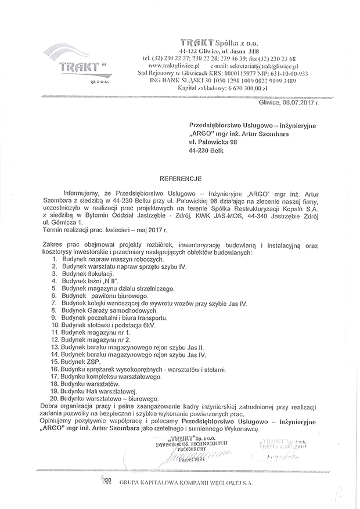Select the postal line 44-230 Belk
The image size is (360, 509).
[206, 150]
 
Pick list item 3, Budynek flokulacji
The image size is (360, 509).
[85, 272]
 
